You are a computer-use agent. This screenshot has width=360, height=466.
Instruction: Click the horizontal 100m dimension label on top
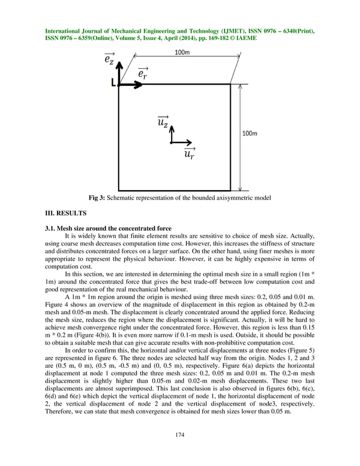(182, 52)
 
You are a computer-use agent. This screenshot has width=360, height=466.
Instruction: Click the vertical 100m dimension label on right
(249, 134)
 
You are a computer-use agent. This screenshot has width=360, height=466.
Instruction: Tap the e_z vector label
(109, 58)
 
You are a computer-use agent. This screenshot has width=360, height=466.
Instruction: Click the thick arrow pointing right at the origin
(131, 84)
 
